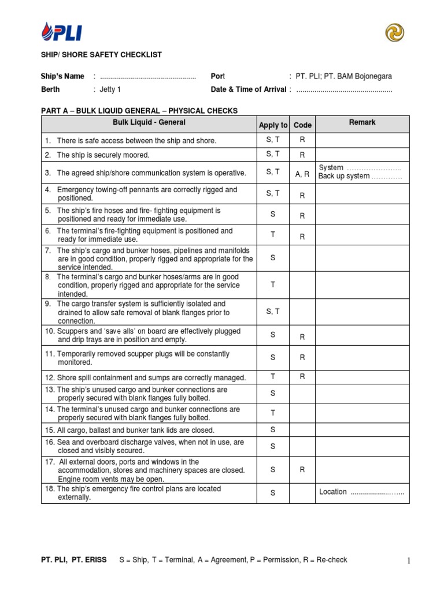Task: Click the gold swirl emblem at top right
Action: pyautogui.click(x=395, y=33)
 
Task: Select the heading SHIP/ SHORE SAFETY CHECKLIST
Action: pyautogui.click(x=101, y=55)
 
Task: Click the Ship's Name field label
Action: pyautogui.click(x=62, y=76)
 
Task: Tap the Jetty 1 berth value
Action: pyautogui.click(x=110, y=89)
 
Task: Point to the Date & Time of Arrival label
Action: pyautogui.click(x=248, y=89)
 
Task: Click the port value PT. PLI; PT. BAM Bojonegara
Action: pyautogui.click(x=343, y=76)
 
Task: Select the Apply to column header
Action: pyautogui.click(x=273, y=125)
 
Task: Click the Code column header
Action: pyautogui.click(x=302, y=125)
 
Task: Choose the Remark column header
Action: pyautogui.click(x=362, y=122)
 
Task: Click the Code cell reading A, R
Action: pyautogui.click(x=302, y=173)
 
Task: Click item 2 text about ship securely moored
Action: pyautogui.click(x=103, y=155)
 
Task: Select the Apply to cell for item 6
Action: pyautogui.click(x=273, y=234)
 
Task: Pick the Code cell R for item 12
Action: pyautogui.click(x=302, y=377)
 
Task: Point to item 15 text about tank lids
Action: pyautogui.click(x=127, y=430)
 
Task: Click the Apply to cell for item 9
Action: pyautogui.click(x=273, y=312)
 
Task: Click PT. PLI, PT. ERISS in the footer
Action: pyautogui.click(x=73, y=560)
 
